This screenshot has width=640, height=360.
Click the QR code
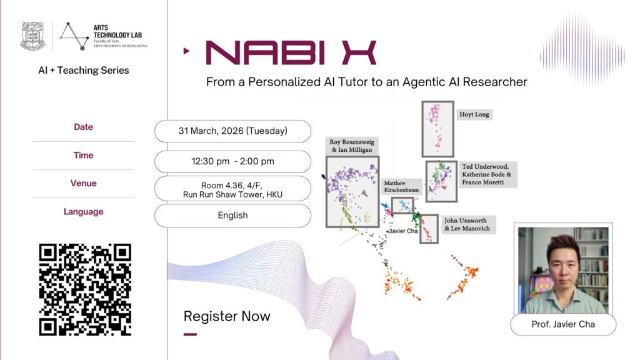[85, 290]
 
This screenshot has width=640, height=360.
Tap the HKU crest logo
[32, 36]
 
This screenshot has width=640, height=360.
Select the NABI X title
[291, 52]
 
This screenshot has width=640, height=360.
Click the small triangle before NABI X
[186, 51]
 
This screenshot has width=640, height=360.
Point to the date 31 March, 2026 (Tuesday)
[232, 131]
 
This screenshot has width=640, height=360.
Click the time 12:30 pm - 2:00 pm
[232, 161]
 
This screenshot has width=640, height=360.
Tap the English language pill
[232, 215]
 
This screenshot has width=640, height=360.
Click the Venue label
[83, 183]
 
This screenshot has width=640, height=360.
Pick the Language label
[83, 211]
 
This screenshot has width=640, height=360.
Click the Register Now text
[227, 316]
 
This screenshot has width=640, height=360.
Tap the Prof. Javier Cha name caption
[563, 324]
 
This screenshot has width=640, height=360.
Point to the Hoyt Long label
[474, 114]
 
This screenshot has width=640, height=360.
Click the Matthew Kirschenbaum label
[401, 186]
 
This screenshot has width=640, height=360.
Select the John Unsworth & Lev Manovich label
[467, 224]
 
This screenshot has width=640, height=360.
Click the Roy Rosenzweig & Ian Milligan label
[352, 146]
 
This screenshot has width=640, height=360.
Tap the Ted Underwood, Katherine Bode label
[487, 174]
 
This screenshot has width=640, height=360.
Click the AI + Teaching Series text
[84, 70]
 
